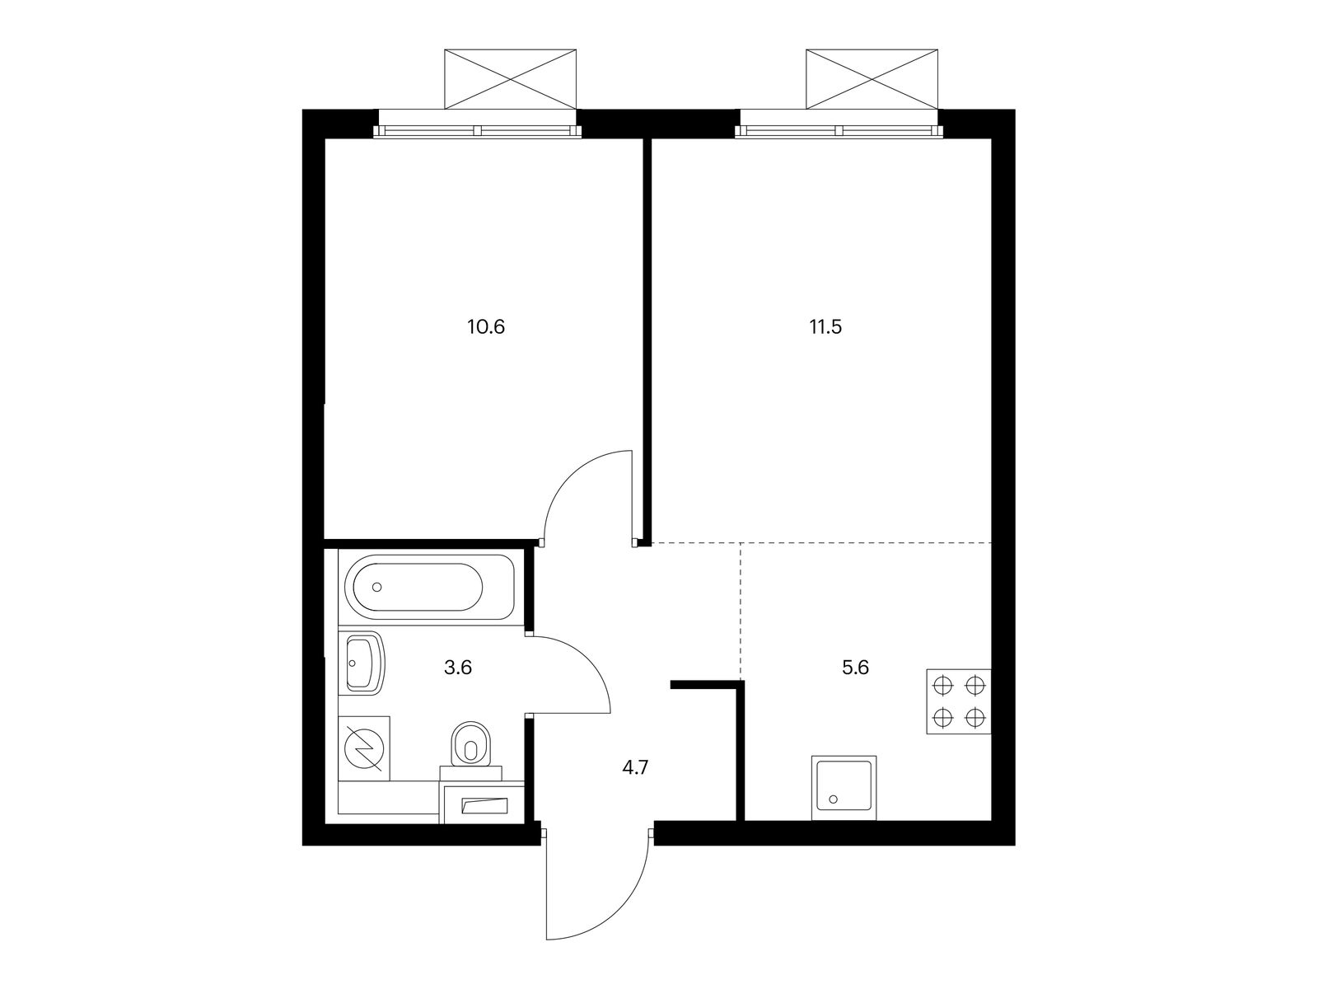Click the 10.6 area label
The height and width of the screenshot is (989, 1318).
click(485, 327)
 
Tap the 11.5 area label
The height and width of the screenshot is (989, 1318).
click(825, 327)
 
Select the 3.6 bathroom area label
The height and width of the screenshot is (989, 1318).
click(457, 668)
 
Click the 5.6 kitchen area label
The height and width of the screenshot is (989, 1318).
click(855, 668)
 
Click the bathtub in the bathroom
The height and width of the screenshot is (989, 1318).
click(433, 587)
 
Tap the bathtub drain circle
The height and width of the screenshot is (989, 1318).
click(377, 587)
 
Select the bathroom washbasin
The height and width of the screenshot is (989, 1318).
click(363, 663)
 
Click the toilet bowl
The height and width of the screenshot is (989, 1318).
click(470, 746)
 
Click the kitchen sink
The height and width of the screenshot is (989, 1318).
click(844, 788)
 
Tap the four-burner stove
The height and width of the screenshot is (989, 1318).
click(959, 701)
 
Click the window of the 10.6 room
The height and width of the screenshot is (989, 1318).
click(478, 130)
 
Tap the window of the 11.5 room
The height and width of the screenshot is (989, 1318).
click(839, 130)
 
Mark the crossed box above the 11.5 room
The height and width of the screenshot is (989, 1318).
click(872, 78)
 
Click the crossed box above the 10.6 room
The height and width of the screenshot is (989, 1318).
click(511, 78)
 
